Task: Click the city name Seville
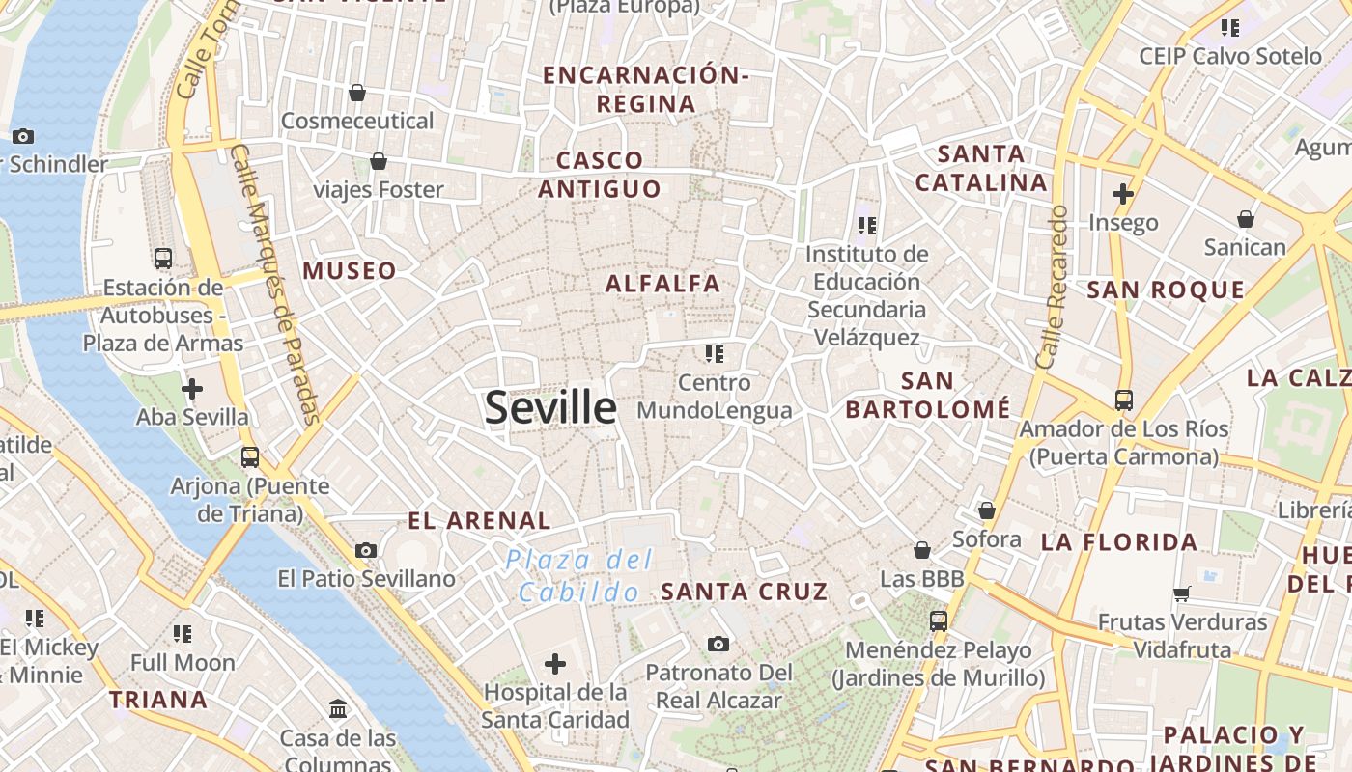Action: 550,408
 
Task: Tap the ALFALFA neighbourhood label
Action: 662,284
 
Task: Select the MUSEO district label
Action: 350,271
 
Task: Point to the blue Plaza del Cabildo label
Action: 579,576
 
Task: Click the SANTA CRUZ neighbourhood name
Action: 745,592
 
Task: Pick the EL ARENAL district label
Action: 479,521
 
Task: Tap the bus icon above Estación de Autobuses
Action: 163,259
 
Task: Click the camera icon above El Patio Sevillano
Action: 366,550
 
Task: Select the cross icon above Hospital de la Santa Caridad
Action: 555,664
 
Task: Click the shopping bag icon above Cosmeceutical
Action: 357,93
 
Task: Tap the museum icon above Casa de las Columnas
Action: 338,709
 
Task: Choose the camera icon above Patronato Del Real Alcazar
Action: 718,644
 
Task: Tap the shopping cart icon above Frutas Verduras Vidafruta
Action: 1182,593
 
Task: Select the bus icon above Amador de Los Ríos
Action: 1123,400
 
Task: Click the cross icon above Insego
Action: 1122,194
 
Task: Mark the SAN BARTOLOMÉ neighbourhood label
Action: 927,396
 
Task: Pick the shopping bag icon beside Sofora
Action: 987,510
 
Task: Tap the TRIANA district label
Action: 158,700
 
